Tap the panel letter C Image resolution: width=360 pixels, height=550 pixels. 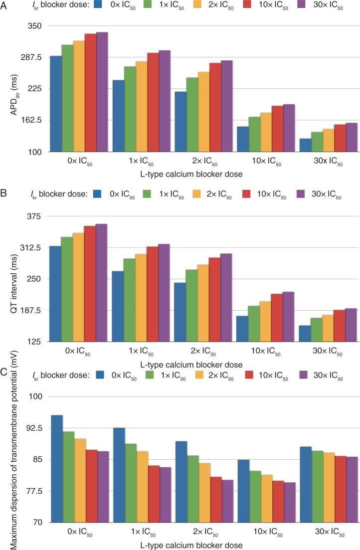point(4,371)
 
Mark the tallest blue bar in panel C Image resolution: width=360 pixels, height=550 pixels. point(56,469)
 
